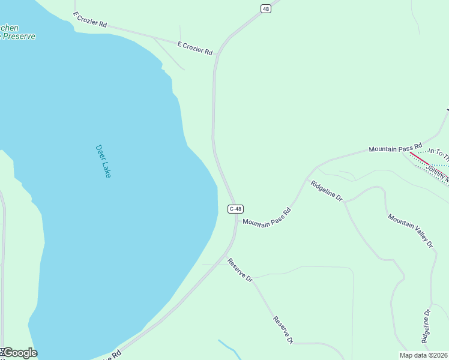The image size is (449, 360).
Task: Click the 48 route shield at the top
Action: click(266, 8)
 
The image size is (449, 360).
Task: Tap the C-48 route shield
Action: click(235, 209)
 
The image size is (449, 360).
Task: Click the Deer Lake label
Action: click(103, 161)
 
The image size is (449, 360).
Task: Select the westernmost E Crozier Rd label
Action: click(89, 20)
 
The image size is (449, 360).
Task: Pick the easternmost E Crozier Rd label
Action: click(195, 49)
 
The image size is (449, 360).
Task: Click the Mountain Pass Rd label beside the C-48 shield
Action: click(267, 217)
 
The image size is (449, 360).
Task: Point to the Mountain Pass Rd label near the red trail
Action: click(396, 148)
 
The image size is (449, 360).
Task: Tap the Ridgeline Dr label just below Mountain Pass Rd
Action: click(326, 191)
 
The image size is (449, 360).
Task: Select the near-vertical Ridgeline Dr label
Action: click(427, 326)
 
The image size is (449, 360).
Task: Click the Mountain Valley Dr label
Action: click(411, 230)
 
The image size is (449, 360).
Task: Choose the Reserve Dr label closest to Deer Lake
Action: click(240, 270)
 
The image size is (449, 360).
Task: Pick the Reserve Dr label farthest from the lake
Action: click(283, 330)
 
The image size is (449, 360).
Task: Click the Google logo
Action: click(19, 353)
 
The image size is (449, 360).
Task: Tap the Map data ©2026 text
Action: click(424, 355)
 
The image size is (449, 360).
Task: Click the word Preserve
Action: click(18, 37)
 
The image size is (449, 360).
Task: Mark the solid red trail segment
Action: click(419, 158)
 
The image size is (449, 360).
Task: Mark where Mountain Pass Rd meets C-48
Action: click(235, 220)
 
